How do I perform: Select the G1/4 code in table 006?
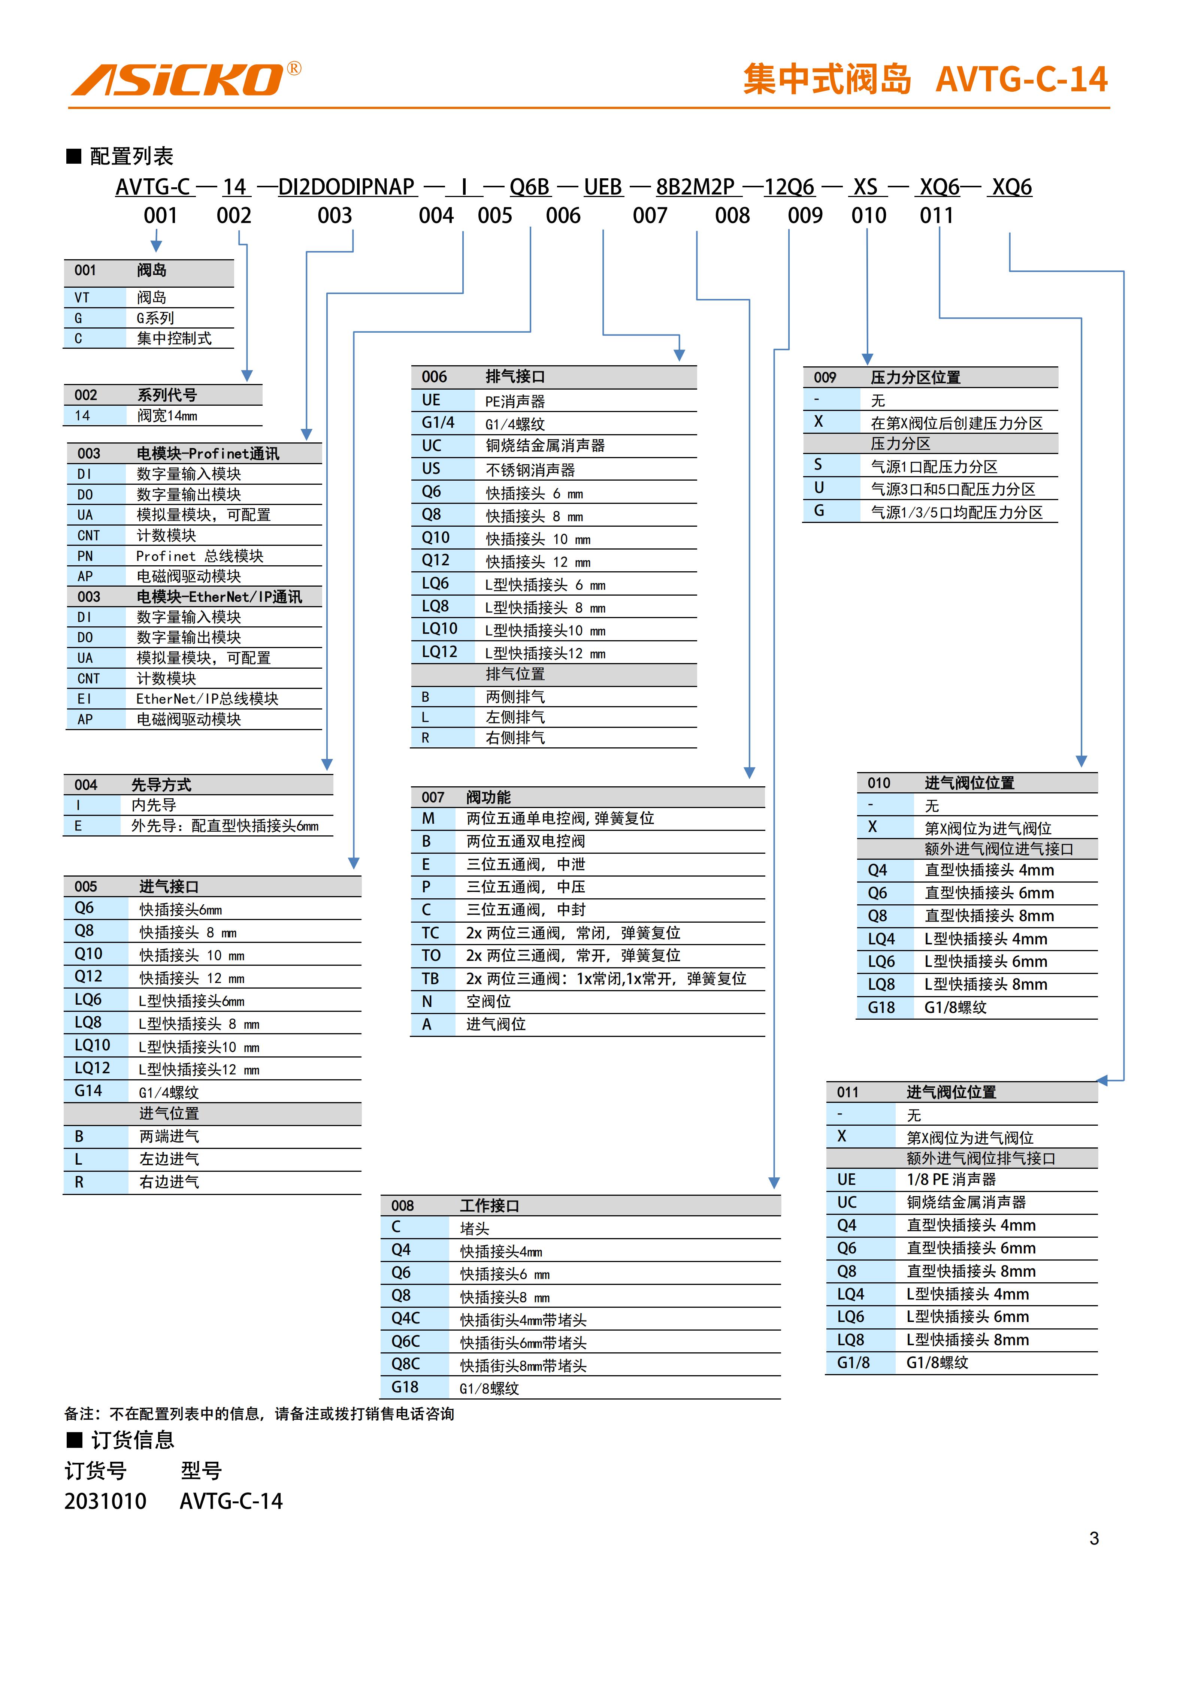coord(438,423)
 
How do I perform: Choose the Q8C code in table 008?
coord(405,1364)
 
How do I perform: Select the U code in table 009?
coord(819,488)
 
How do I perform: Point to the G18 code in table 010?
coord(881,1007)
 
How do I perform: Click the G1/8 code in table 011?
coord(853,1362)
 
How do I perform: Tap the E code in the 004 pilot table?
coord(78,826)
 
